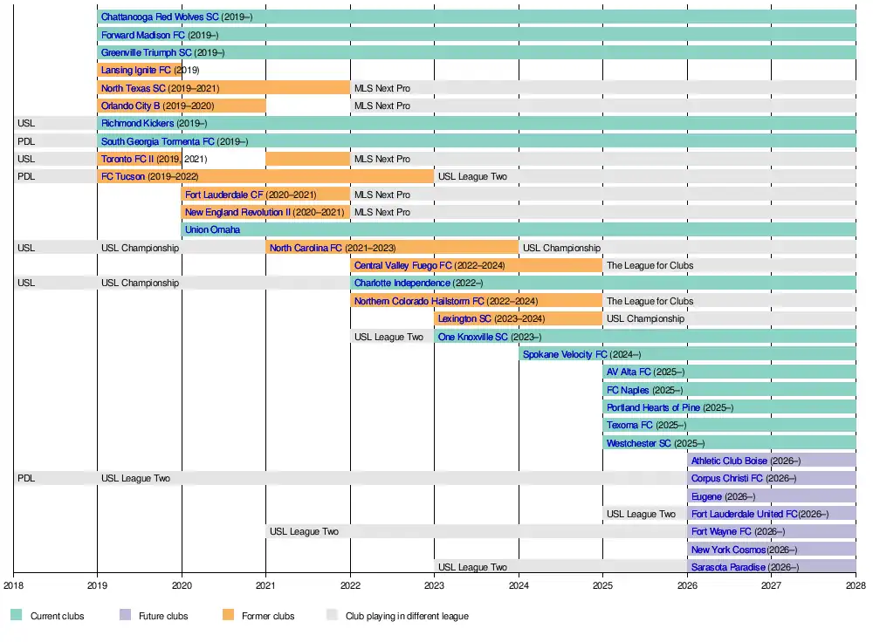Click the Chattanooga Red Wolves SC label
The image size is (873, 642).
(x=160, y=17)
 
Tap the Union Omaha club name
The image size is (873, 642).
(x=213, y=229)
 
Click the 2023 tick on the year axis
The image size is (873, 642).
(x=435, y=586)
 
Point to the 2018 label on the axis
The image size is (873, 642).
(x=13, y=586)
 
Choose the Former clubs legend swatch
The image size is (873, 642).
(x=228, y=616)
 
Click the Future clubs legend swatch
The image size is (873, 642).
(x=126, y=616)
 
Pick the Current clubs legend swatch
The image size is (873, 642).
(x=17, y=616)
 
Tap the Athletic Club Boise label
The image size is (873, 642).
(x=729, y=461)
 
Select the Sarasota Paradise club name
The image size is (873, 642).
(x=728, y=567)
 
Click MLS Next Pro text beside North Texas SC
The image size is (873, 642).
(x=382, y=88)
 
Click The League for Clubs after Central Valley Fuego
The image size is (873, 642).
(x=650, y=265)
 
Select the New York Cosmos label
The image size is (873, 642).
(x=728, y=550)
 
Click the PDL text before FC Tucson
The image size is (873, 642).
(x=25, y=176)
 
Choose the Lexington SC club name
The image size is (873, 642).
(x=464, y=318)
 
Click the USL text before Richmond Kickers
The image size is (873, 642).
(x=25, y=123)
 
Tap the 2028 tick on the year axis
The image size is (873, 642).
(x=856, y=586)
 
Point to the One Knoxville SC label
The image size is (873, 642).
(x=472, y=337)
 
